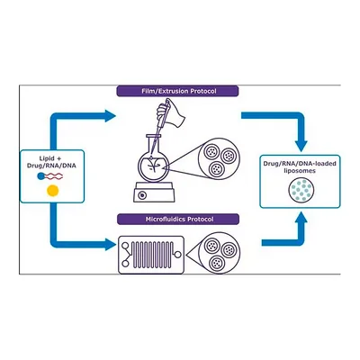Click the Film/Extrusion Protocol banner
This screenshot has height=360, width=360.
177,91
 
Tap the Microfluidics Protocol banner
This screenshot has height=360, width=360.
178,220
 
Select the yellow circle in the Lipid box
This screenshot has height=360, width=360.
52,191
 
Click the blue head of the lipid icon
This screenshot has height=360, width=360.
40,176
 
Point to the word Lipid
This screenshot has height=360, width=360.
47,158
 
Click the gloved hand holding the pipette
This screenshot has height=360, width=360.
170,113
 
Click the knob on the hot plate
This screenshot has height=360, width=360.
142,195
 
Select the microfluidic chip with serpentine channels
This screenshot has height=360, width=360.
151,255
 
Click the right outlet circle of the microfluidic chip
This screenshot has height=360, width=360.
177,255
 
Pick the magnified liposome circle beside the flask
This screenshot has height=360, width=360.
220,159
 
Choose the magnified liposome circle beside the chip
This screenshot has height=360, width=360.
220,253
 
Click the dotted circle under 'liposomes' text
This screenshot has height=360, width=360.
301,190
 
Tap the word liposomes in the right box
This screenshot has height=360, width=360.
300,171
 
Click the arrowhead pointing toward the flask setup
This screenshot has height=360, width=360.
110,116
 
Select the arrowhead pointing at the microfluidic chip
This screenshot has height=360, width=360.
110,244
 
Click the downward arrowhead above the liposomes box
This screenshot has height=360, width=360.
301,146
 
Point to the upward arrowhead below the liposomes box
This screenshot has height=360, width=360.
301,218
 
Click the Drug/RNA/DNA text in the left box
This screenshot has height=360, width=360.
51,166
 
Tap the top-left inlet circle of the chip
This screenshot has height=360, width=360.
125,246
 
